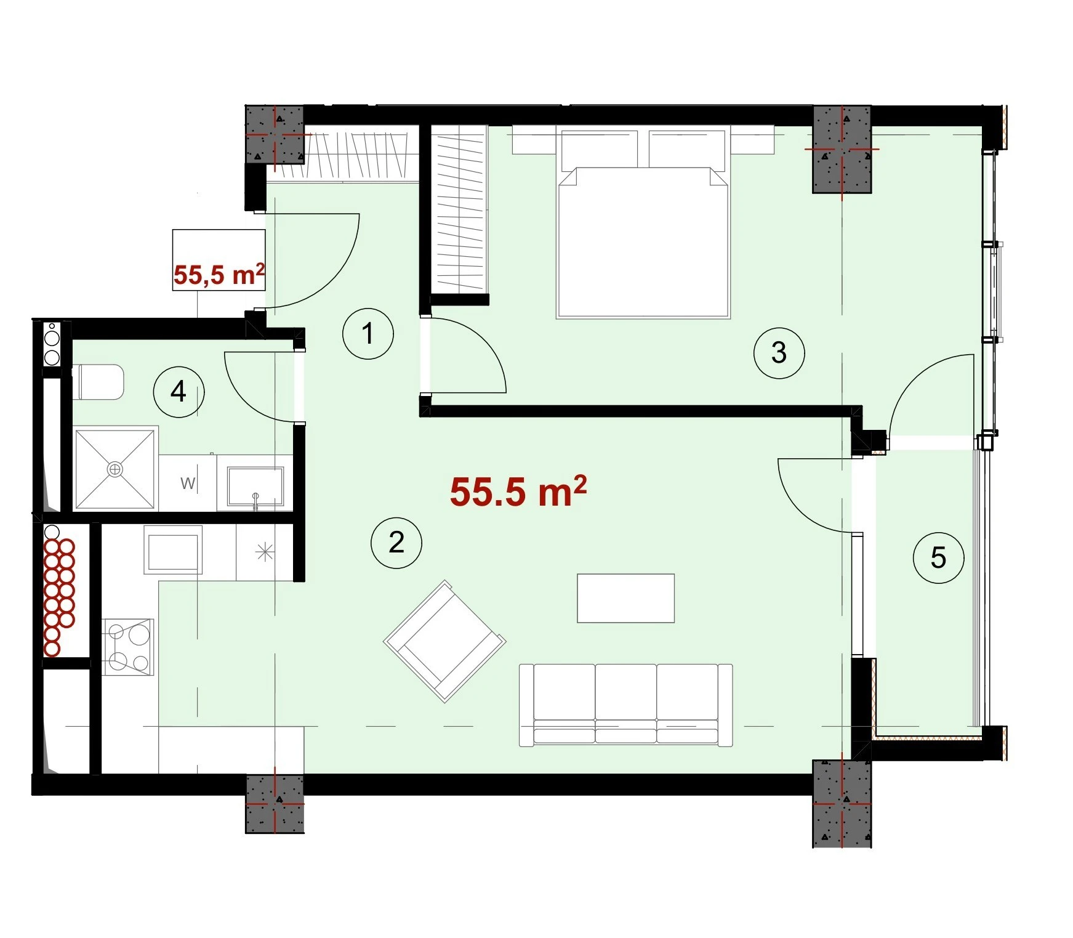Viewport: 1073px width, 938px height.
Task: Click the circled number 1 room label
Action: [x=368, y=334]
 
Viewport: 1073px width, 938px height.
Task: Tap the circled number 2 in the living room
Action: [x=396, y=543]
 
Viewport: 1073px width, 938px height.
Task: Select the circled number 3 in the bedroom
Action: [x=779, y=353]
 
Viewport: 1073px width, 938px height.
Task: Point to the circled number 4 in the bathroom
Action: [x=179, y=392]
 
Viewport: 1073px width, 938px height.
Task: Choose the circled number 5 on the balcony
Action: [x=938, y=558]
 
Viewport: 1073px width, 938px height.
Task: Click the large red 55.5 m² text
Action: [x=518, y=491]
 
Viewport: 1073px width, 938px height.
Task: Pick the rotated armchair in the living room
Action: [x=444, y=641]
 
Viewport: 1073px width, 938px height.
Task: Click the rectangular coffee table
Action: [x=625, y=598]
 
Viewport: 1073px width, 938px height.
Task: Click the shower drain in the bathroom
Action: [x=115, y=469]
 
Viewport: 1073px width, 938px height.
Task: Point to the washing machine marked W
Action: [x=188, y=483]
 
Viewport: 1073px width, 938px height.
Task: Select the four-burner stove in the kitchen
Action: [x=127, y=647]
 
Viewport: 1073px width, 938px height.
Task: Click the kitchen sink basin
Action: [x=173, y=549]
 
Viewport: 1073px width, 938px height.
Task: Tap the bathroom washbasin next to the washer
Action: [x=255, y=488]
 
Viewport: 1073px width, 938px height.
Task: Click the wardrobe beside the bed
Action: [x=462, y=210]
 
